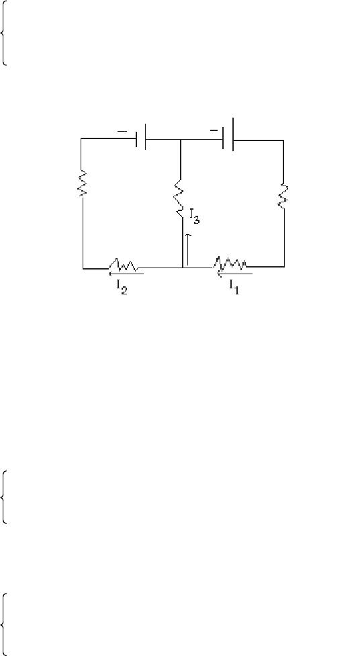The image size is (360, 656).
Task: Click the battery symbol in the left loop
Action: [x=141, y=136]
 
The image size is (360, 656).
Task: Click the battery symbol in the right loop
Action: [x=228, y=134]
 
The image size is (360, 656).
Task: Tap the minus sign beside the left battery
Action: [x=122, y=132]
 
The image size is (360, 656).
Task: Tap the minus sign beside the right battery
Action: [x=214, y=130]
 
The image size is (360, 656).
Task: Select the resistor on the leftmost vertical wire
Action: [x=83, y=183]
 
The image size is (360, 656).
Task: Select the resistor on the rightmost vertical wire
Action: [x=283, y=196]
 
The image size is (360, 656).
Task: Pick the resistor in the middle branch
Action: [x=179, y=198]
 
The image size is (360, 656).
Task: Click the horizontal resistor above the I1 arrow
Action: [x=230, y=263]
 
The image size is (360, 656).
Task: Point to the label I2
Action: [x=122, y=288]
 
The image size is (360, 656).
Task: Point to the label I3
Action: [x=195, y=216]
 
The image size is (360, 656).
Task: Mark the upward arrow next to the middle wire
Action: [x=188, y=249]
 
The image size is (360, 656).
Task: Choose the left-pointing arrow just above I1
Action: [x=234, y=274]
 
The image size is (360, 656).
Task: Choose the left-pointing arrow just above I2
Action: [x=126, y=274]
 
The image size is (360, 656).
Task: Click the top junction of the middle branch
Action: [x=180, y=140]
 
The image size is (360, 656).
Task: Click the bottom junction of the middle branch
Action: [x=183, y=268]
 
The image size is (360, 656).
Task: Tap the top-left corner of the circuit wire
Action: [x=81, y=138]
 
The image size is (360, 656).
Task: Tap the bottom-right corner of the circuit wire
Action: [x=284, y=266]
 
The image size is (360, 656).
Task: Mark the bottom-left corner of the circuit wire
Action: [x=83, y=269]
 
